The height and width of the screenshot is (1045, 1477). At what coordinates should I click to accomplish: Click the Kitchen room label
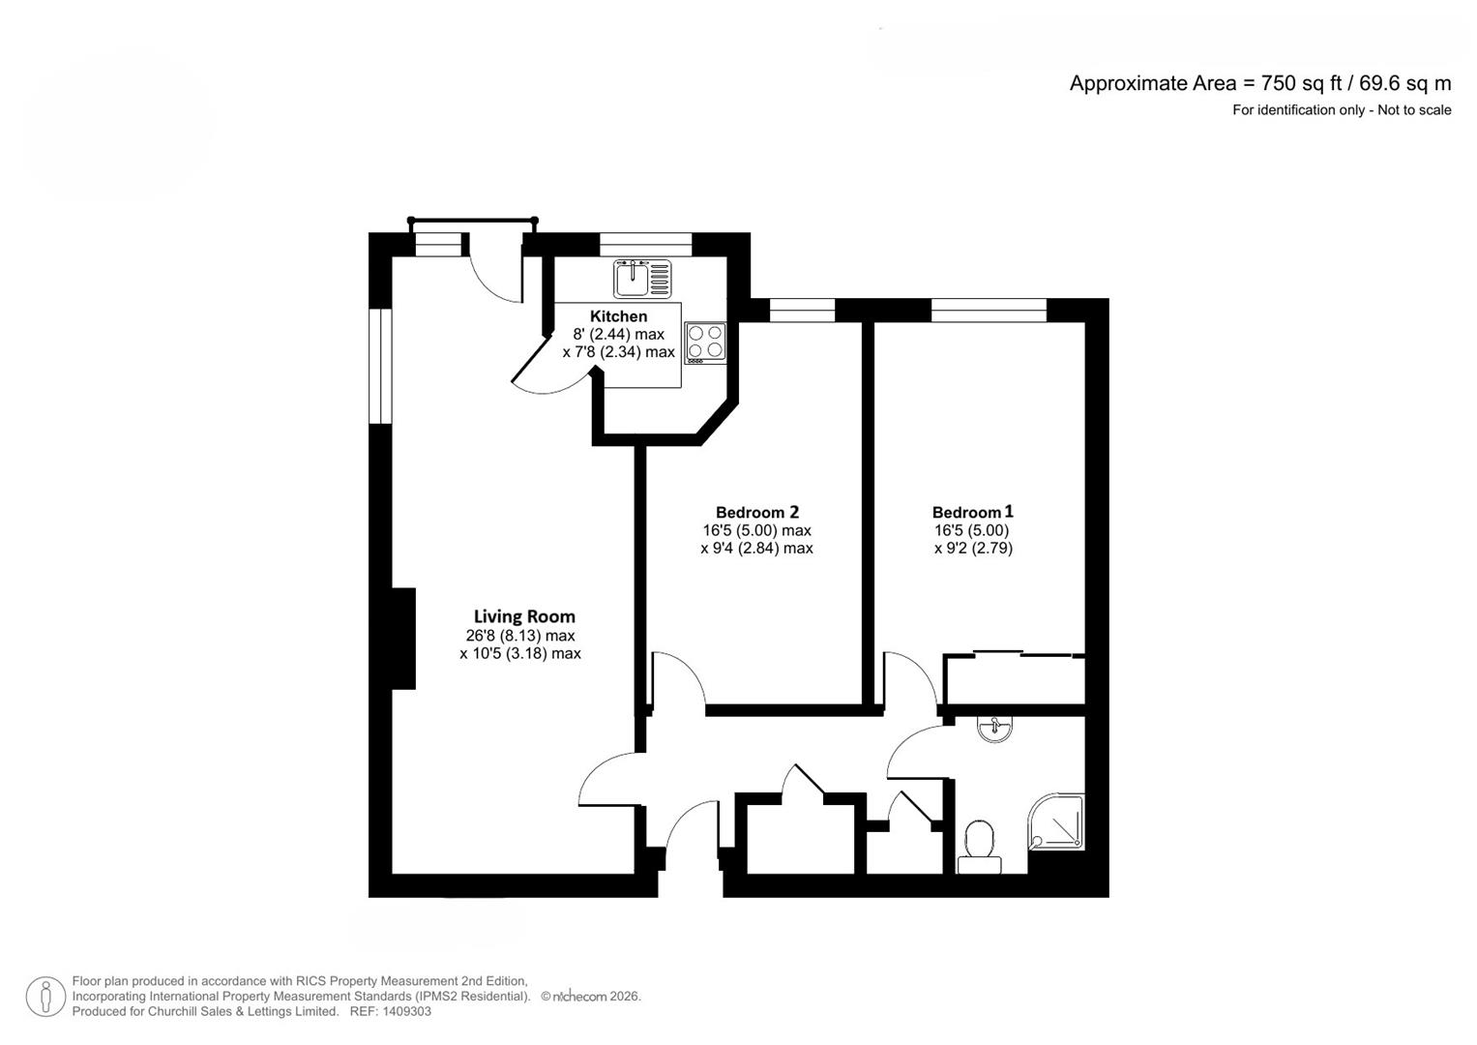[x=618, y=316]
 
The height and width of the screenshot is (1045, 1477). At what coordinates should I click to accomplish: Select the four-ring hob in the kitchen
[x=705, y=342]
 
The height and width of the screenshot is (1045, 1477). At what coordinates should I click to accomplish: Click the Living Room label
[x=524, y=616]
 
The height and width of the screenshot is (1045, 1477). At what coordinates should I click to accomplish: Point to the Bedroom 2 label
[x=757, y=512]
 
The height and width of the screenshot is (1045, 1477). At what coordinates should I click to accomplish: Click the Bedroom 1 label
[x=973, y=512]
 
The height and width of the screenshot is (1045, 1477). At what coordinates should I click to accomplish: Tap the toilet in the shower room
[x=980, y=845]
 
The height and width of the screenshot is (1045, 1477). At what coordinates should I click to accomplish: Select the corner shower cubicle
[x=1057, y=821]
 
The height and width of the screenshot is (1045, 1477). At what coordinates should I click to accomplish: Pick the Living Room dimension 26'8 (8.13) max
[x=520, y=636]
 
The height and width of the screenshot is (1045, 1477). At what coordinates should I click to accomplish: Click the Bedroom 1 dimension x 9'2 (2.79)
[x=973, y=549]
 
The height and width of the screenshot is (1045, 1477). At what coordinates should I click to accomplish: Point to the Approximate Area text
[x=1259, y=83]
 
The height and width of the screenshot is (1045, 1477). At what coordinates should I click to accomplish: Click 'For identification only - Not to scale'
[x=1341, y=110]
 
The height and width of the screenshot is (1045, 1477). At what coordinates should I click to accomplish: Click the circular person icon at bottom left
[x=45, y=997]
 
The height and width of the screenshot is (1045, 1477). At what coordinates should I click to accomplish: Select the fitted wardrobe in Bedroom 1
[x=1015, y=680]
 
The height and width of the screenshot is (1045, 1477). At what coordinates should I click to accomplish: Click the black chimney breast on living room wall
[x=403, y=639]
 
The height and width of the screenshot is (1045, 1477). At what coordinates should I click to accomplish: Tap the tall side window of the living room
[x=381, y=367]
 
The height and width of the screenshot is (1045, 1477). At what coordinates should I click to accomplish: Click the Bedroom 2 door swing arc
[x=680, y=677]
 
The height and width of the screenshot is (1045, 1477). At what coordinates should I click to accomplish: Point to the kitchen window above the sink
[x=645, y=245]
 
